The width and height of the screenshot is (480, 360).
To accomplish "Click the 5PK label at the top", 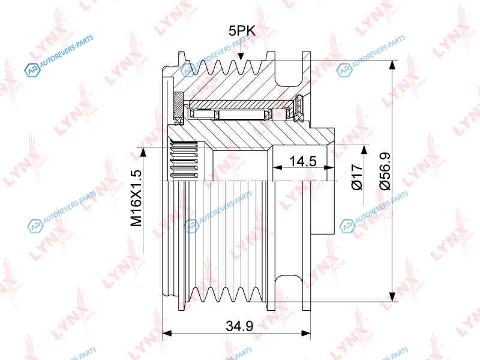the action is [x=242, y=31].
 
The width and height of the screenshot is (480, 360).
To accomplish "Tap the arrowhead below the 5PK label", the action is [x=241, y=56].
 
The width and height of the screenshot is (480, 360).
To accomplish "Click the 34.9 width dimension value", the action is [x=239, y=326].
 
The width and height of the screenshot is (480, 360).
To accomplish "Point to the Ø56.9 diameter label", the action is [x=385, y=171].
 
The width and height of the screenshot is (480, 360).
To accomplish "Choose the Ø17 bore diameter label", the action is [x=357, y=176].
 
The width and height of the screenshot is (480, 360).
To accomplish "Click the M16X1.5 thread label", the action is [x=137, y=198].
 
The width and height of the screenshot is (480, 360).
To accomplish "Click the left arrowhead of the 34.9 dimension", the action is [x=167, y=333].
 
